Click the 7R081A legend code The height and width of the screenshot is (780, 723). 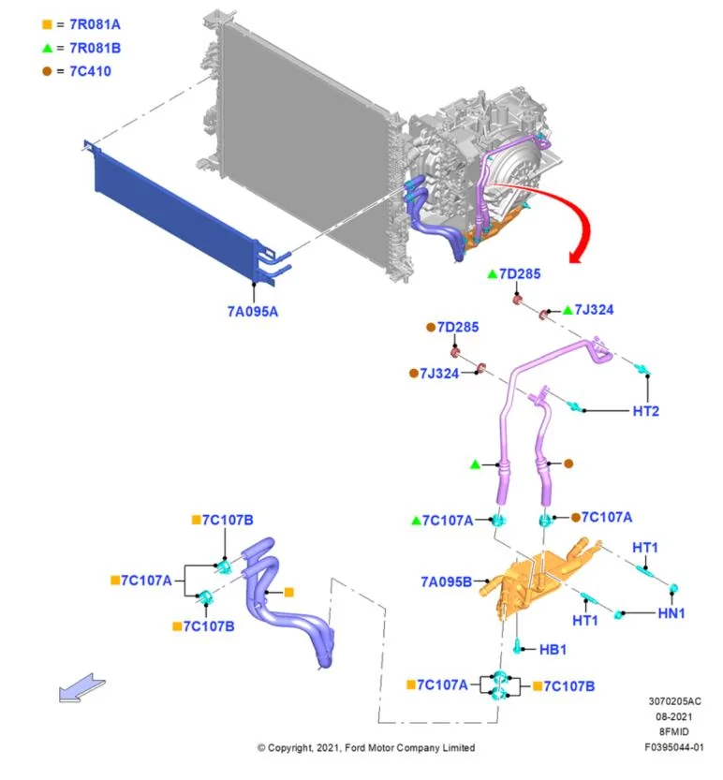point(95,24)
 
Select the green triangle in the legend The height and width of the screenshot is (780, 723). point(47,49)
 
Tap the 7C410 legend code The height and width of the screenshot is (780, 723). point(90,71)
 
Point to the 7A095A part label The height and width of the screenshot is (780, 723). point(252,312)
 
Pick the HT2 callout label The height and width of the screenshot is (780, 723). point(645,411)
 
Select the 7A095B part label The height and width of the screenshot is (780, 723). point(446,581)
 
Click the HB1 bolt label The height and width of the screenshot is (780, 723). point(553,649)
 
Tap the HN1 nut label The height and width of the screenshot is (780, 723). point(671,613)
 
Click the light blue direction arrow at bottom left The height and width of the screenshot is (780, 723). point(82,688)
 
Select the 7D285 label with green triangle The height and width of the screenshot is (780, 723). point(520,273)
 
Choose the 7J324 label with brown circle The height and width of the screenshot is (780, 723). point(439,373)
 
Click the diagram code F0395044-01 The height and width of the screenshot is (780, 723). point(673,746)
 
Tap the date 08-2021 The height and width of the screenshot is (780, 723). point(673,716)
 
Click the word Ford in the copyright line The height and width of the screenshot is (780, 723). point(355,747)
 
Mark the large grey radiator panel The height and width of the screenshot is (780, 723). point(303,144)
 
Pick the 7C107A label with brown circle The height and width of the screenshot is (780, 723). point(607,517)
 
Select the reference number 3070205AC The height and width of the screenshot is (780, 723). point(674,701)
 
